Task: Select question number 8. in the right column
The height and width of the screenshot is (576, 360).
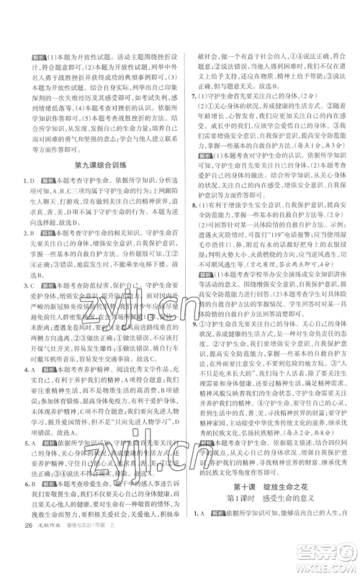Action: [x=188, y=227]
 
